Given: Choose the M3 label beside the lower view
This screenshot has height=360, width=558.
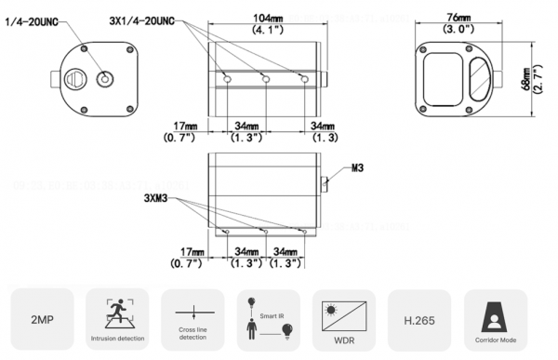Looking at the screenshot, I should (359, 169).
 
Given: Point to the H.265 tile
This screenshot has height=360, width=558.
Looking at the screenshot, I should (418, 320).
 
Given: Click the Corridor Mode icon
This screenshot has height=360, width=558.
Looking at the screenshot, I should (495, 313).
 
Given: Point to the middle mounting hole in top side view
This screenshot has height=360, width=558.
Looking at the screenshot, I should (266, 82).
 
